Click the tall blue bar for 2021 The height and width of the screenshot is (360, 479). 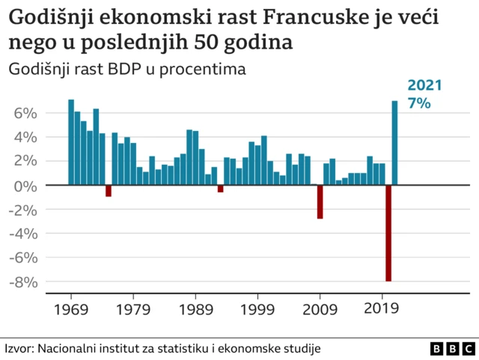395,142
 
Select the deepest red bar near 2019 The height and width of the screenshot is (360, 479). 388,233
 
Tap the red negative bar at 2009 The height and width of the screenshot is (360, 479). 320,201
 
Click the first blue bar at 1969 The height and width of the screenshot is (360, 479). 71,141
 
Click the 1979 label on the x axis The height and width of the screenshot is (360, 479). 133,308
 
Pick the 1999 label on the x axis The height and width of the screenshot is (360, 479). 258,308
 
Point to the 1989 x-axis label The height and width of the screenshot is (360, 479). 195,308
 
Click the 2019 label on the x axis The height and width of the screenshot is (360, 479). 382,308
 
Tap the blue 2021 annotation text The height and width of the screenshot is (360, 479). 424,86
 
